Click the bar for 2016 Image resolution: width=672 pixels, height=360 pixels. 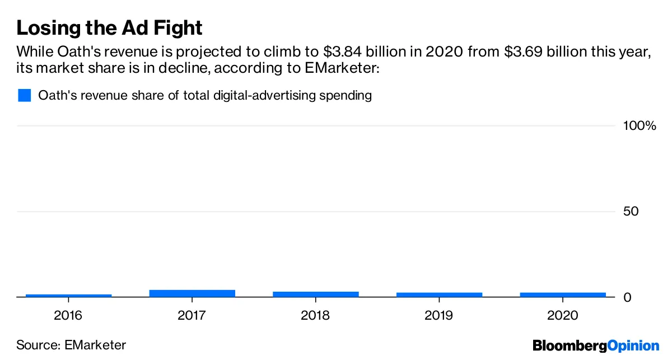(69, 295)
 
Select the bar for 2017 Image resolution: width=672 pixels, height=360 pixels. (192, 293)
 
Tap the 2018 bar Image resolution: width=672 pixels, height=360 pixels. (316, 294)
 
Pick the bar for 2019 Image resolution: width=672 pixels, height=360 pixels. (439, 294)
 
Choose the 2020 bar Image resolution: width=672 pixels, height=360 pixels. (563, 294)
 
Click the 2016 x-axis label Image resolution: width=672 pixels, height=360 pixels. (68, 315)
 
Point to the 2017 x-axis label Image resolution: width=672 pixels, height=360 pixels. (192, 315)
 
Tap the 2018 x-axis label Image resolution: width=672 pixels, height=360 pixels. (315, 315)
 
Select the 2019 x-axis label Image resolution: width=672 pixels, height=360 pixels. (439, 315)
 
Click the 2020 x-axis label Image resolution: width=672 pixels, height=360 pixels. (563, 315)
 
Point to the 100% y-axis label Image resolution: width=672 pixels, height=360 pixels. (639, 126)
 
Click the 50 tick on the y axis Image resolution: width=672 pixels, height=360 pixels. (631, 212)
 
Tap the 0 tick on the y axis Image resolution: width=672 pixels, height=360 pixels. (627, 297)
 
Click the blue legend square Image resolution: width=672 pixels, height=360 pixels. (24, 95)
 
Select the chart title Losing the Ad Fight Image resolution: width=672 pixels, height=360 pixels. (109, 28)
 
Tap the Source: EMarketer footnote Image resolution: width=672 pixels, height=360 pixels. (71, 345)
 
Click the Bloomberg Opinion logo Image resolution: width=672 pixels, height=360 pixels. (596, 345)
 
